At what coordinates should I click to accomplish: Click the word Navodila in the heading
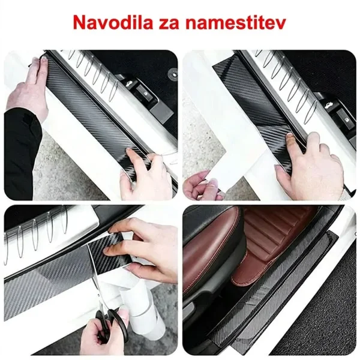113,22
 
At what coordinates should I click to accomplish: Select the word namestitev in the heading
236,23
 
